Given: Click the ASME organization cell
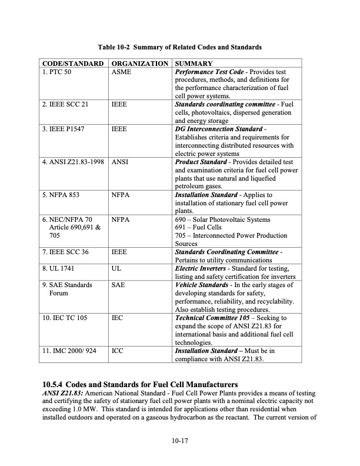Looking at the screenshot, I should pos(122,72).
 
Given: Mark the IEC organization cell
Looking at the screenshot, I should pos(118,318).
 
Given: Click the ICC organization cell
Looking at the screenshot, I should pos(118,351).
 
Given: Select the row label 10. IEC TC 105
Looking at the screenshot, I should pos(66,318).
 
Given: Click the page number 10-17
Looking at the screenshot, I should pos(180,439).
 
